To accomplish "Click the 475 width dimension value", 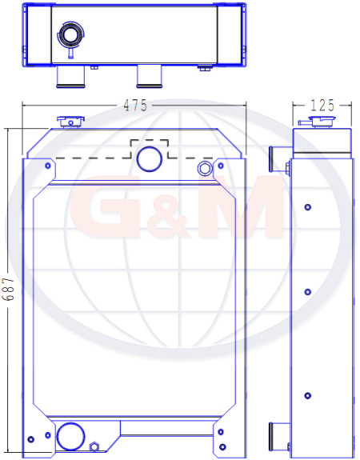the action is tap(135, 105).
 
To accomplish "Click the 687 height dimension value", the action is tap(8, 289).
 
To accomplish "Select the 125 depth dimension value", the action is tap(322, 106).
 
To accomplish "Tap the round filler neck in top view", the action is tap(70, 35).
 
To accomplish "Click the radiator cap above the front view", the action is tap(70, 122).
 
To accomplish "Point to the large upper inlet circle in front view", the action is tap(150, 159).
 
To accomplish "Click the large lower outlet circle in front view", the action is tap(70, 436).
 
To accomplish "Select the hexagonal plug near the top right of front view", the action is tap(205, 168).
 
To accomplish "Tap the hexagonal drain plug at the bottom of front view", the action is tap(94, 446).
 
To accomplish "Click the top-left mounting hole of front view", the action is tap(48, 166).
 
